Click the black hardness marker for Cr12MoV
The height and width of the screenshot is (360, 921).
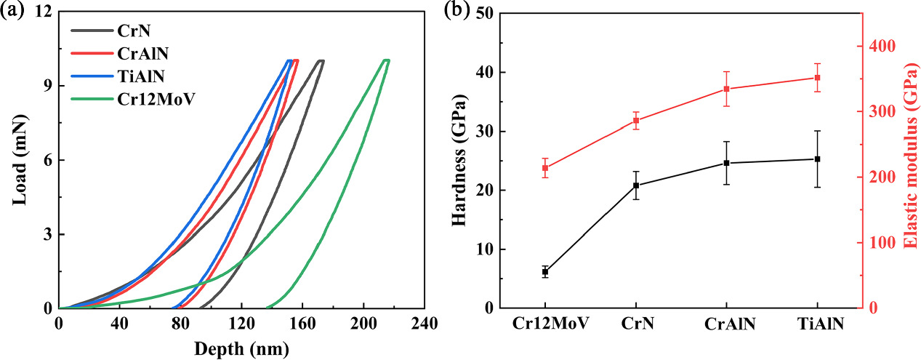(x=545, y=271)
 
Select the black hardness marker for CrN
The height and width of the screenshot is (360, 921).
(x=636, y=185)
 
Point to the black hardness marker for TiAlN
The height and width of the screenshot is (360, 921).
(x=817, y=159)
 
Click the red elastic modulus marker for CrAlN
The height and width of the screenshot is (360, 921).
(x=726, y=89)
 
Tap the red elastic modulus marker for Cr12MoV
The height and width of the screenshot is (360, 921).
(x=545, y=168)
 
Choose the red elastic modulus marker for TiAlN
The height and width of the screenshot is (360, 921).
(x=817, y=78)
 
